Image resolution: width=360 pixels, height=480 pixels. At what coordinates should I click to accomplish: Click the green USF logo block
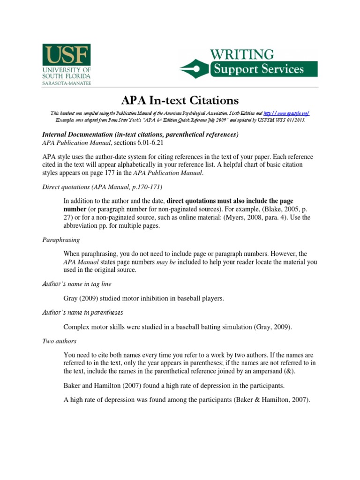click(x=66, y=55)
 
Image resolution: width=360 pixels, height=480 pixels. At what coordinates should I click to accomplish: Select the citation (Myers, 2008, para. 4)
click(x=264, y=217)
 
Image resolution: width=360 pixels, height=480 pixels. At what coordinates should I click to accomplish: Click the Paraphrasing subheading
click(x=61, y=240)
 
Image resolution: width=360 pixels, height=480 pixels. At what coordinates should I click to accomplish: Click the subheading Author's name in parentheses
click(x=83, y=312)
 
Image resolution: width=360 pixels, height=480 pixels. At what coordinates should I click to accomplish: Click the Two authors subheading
click(x=59, y=342)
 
